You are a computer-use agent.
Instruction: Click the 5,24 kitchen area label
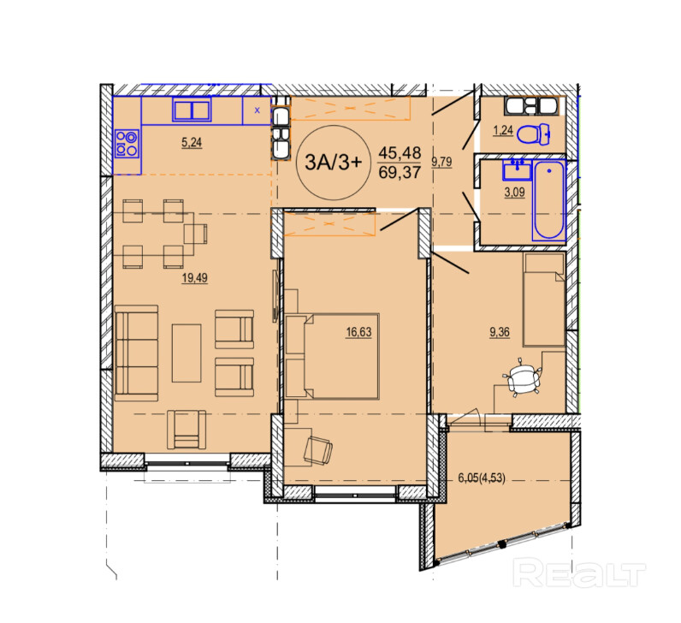click(192, 142)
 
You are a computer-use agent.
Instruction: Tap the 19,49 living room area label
click(194, 277)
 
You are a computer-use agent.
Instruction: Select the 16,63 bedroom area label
click(358, 332)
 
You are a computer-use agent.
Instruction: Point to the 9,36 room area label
click(500, 332)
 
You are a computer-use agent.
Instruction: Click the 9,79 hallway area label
click(441, 162)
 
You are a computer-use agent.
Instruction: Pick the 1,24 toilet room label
click(503, 130)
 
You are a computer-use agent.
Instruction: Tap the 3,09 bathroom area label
click(515, 192)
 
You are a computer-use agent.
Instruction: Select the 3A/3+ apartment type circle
click(333, 163)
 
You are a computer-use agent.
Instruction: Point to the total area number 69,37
click(400, 173)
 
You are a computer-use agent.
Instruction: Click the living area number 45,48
click(400, 152)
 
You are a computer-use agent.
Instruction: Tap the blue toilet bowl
click(534, 134)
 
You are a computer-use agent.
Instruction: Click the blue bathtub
click(549, 200)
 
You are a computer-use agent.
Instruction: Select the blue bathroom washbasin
click(517, 169)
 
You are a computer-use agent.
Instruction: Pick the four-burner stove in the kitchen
click(127, 144)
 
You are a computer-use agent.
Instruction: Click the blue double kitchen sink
click(192, 109)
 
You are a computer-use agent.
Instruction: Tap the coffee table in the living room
click(187, 353)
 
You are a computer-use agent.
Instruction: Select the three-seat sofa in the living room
click(136, 353)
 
